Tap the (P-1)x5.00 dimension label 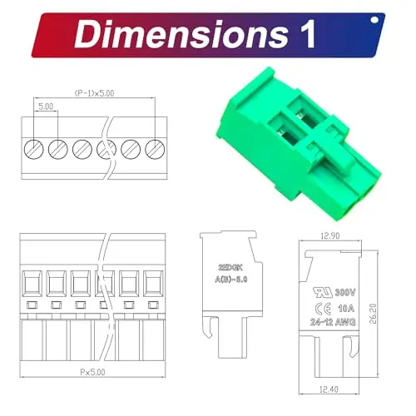[x=93, y=94]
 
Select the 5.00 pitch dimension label [x=46, y=107]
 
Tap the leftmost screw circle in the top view [x=33, y=149]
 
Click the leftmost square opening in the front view [x=33, y=284]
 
